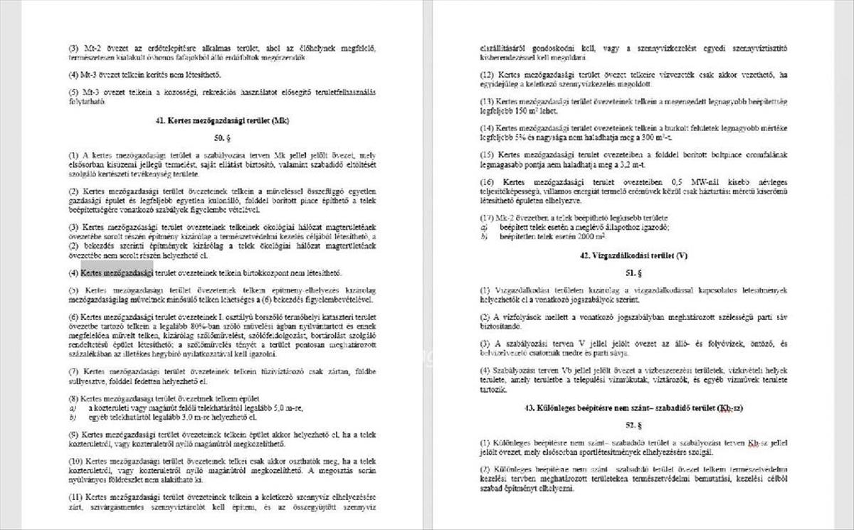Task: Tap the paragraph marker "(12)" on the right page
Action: (x=487, y=74)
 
